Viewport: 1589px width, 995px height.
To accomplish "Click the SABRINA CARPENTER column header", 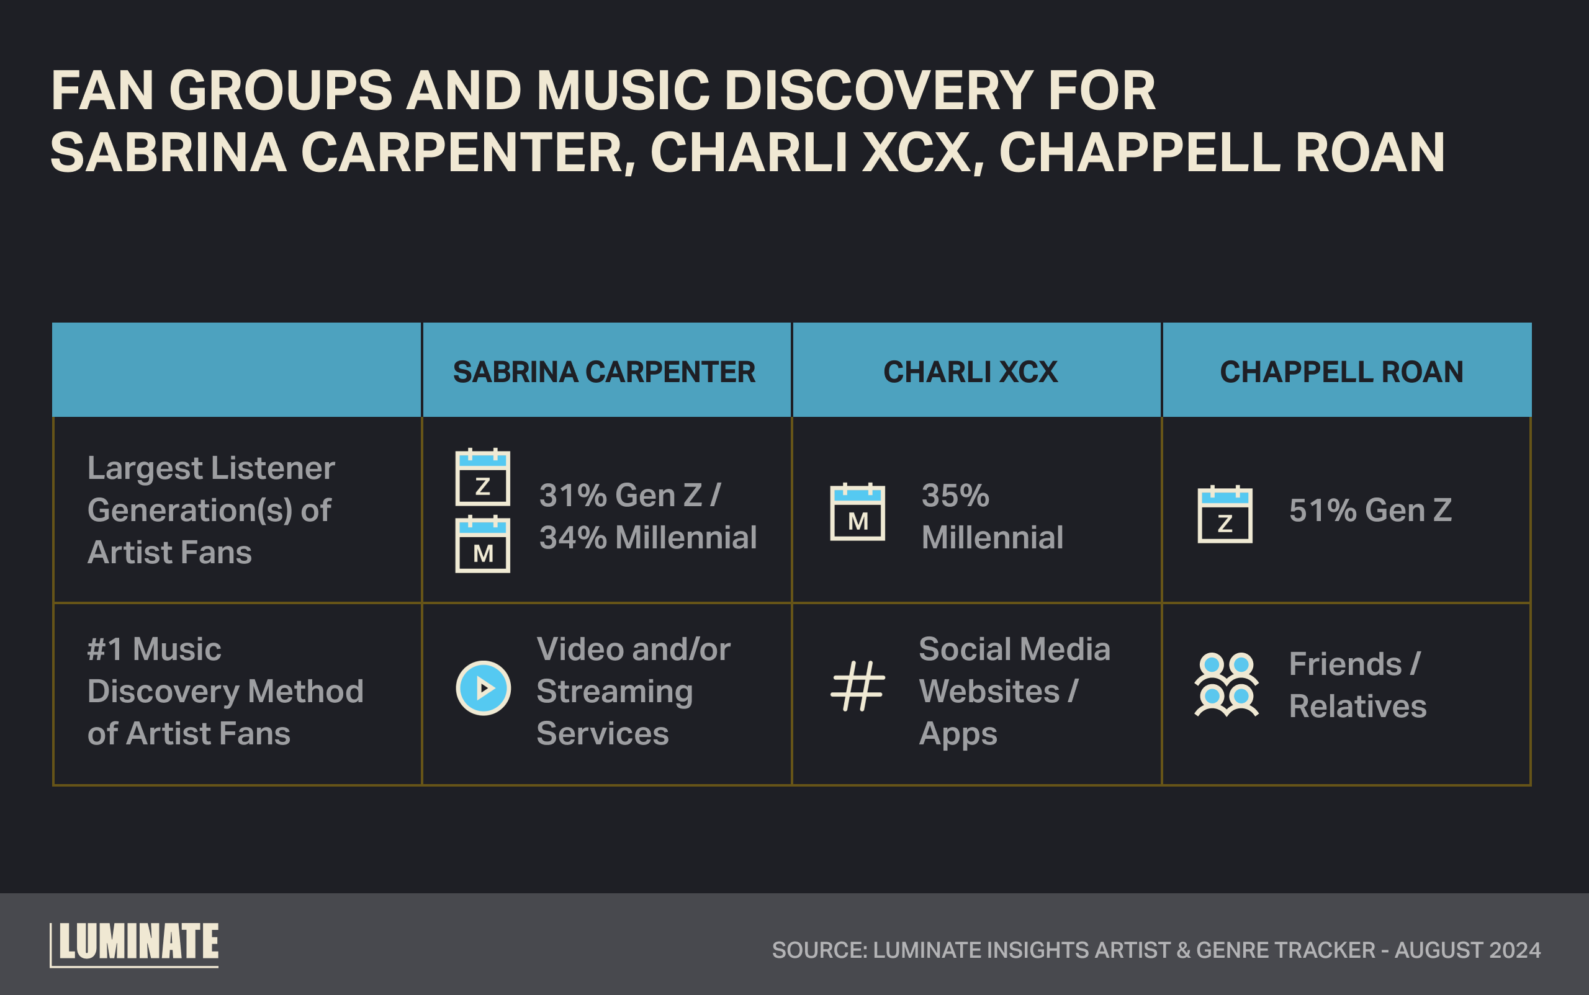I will click(x=604, y=372).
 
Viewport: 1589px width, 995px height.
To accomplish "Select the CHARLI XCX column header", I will click(x=970, y=372).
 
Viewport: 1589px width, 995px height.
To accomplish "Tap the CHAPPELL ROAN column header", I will click(x=1341, y=372).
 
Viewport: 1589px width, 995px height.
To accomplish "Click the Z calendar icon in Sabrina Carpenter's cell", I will click(x=483, y=478).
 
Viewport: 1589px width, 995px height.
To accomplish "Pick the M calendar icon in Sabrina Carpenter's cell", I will click(x=483, y=545).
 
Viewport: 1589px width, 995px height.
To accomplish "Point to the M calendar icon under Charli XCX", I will click(x=857, y=512).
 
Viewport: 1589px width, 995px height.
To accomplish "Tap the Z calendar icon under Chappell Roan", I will click(x=1225, y=515).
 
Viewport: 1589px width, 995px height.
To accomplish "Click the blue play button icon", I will click(x=484, y=689).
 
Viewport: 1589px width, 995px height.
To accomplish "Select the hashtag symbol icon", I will click(x=857, y=686).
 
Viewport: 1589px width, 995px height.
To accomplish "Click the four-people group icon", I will click(x=1226, y=685).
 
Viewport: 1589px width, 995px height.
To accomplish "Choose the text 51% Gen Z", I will click(x=1370, y=510).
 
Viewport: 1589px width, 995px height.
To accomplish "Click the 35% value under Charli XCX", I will click(x=955, y=496).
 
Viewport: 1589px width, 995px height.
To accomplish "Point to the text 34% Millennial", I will click(x=648, y=538).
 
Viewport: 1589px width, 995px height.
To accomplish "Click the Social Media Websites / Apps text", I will click(x=1014, y=691).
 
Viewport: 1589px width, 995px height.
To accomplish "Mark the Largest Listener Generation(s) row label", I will click(x=210, y=510).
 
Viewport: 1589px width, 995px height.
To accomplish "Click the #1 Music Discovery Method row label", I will click(x=225, y=691).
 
